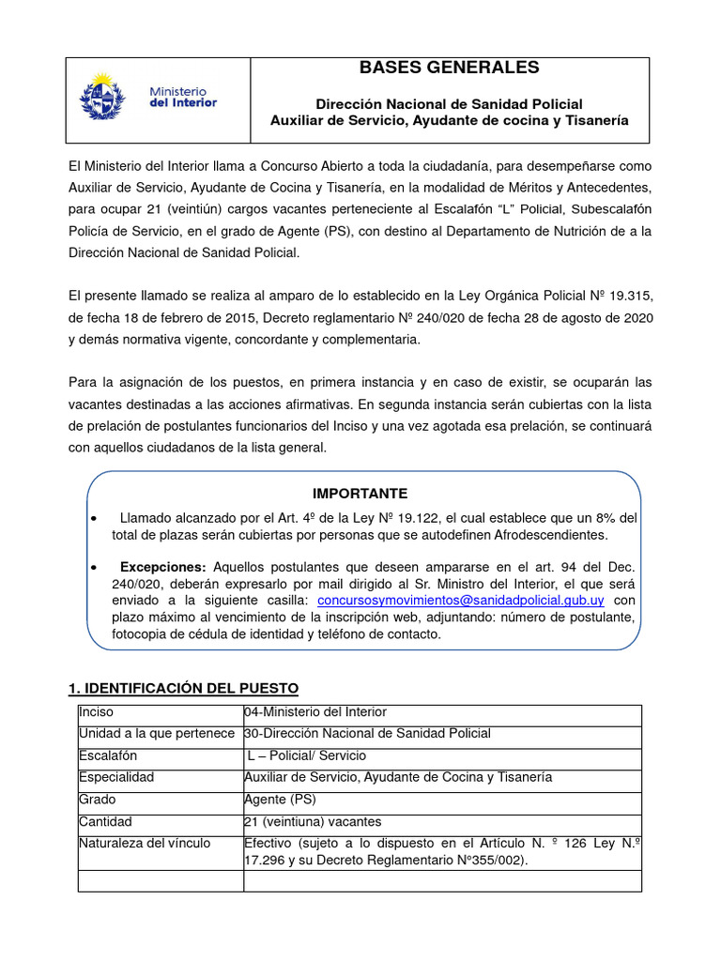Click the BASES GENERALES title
(450, 68)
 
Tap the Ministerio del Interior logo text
(183, 97)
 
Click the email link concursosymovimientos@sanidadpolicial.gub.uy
(461, 599)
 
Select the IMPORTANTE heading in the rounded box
(360, 494)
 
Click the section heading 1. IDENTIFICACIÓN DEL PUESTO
(183, 689)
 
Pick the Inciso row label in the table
(96, 712)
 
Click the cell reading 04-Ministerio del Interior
(314, 712)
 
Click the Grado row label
(98, 799)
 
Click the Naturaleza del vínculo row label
(145, 843)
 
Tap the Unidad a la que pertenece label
(156, 734)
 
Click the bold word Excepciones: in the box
(163, 568)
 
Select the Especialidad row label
(116, 777)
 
